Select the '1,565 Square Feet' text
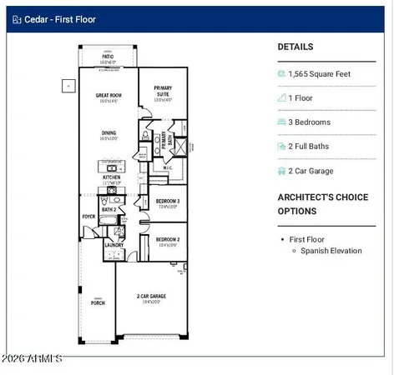[318, 73]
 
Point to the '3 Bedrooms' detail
[309, 122]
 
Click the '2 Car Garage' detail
[311, 171]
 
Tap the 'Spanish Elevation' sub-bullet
[331, 250]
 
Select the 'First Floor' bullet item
[308, 239]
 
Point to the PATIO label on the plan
[109, 57]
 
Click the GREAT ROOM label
[109, 96]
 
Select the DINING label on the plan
[109, 132]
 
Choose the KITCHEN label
[112, 177]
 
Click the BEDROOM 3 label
[168, 201]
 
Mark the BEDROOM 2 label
[168, 238]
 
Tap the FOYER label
[88, 216]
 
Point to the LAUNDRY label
[114, 245]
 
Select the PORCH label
[98, 303]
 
